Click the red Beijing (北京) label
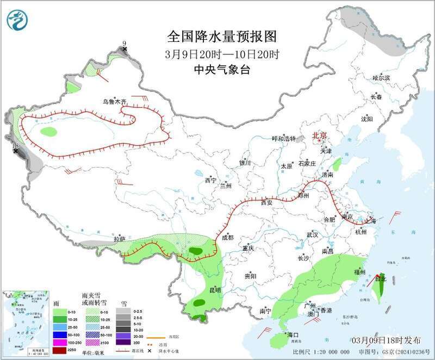coord(319,135)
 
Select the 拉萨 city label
coord(120,239)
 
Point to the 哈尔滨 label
coord(381,78)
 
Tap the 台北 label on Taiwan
coord(380,279)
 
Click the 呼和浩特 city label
coord(283,139)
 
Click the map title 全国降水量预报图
coord(222,36)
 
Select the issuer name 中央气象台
coord(222,69)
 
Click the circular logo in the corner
coord(17,20)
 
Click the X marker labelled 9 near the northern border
coord(125,49)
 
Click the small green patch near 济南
coord(337,163)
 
